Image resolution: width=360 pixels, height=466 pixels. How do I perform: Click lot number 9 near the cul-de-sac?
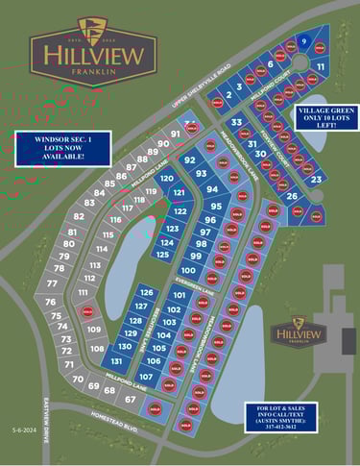click(304, 42)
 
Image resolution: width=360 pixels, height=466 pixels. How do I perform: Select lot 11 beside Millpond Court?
click(321, 66)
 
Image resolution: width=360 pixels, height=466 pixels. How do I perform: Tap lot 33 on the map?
click(236, 123)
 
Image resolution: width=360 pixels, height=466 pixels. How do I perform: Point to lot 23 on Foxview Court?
click(316, 179)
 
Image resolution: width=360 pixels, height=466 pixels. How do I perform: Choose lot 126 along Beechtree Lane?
click(146, 292)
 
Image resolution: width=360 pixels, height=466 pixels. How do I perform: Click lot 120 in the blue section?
click(166, 179)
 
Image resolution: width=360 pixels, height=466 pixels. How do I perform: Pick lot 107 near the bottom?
click(145, 377)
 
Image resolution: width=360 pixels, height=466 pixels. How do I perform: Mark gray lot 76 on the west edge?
click(50, 302)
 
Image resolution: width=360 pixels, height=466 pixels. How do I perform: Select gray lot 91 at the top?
click(176, 134)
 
